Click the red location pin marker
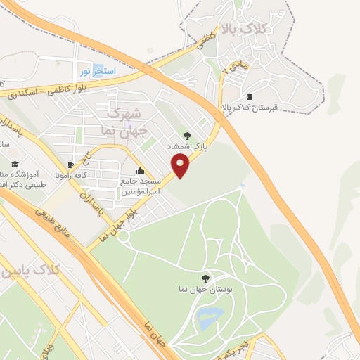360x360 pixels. click(181, 167)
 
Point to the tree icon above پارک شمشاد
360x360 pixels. click(186, 136)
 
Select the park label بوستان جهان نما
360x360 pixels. click(206, 289)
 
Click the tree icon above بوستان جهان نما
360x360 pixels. click(205, 278)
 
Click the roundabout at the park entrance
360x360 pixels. click(124, 237)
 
